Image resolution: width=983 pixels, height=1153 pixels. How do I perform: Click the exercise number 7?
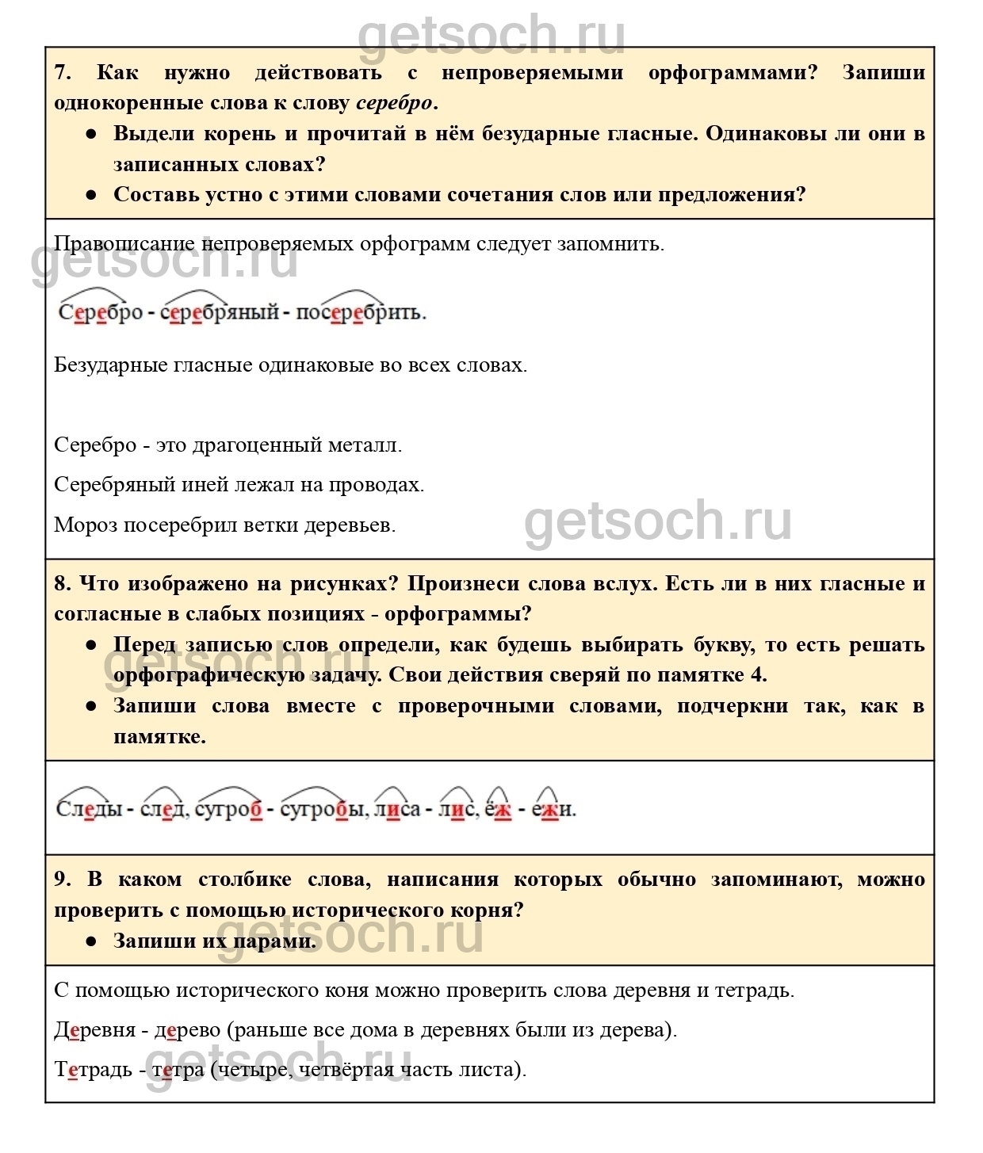[x=62, y=73]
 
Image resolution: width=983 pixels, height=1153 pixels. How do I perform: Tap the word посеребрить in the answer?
[x=361, y=312]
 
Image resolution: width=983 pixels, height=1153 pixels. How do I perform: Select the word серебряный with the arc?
[x=220, y=312]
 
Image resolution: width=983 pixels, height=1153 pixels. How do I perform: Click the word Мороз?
[x=86, y=525]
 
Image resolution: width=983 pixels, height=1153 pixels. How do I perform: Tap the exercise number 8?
[x=62, y=584]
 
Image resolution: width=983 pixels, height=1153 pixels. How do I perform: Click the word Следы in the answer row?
[x=89, y=809]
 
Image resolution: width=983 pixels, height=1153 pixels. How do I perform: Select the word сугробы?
[x=325, y=809]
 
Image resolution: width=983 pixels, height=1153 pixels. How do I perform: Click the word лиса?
[x=397, y=809]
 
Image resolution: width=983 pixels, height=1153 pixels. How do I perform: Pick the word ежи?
[x=553, y=809]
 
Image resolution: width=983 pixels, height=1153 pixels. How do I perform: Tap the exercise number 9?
[x=62, y=880]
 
